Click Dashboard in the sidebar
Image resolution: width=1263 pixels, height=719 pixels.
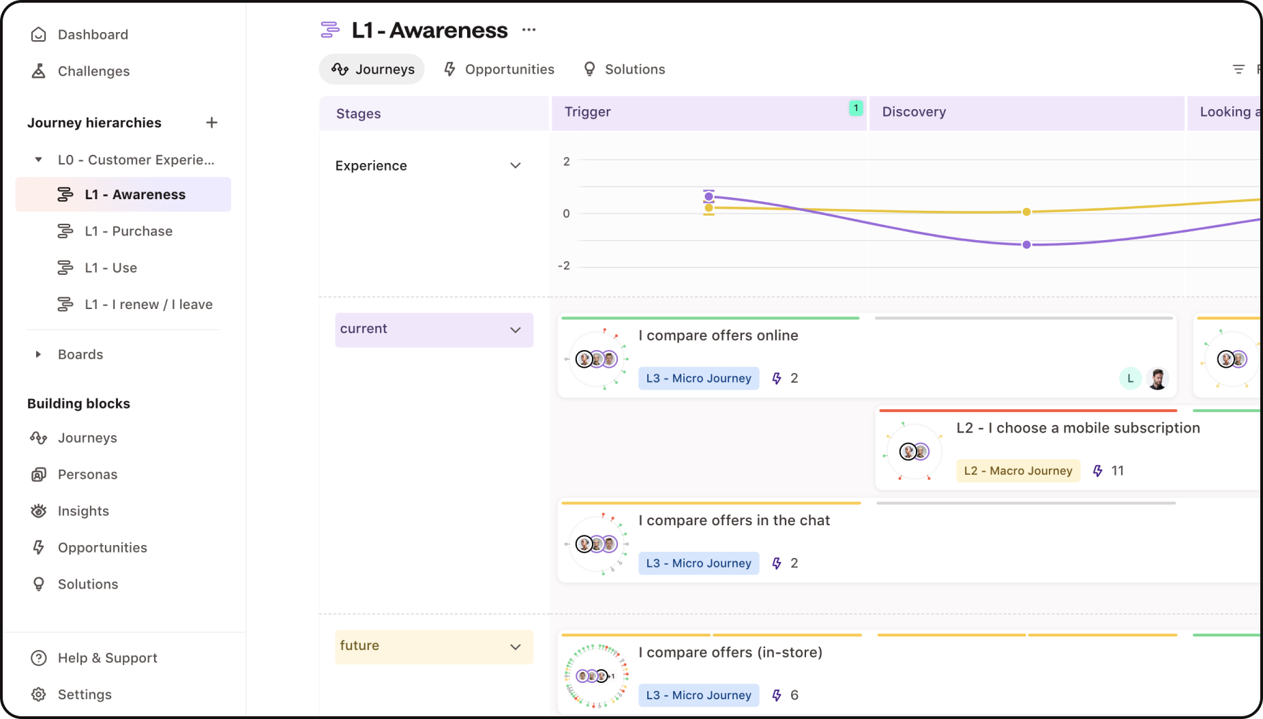point(92,35)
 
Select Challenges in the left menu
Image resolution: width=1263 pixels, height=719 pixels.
point(93,72)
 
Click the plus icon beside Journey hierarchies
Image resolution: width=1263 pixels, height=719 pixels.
point(211,123)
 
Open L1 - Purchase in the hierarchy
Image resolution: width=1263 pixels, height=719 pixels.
point(128,231)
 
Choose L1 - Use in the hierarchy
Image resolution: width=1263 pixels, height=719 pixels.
point(110,268)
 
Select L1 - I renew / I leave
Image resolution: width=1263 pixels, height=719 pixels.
point(148,305)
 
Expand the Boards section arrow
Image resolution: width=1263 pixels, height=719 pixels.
point(38,355)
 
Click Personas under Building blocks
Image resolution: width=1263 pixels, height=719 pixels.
point(87,475)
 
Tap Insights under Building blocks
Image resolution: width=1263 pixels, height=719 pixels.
point(83,512)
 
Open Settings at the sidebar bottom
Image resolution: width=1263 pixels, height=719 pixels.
point(85,695)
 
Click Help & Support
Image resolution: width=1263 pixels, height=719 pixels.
point(107,658)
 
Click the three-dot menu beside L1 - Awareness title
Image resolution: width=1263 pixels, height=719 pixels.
point(529,30)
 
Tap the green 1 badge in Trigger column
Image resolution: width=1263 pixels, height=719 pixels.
point(856,108)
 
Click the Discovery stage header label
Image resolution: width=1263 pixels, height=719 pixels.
point(914,112)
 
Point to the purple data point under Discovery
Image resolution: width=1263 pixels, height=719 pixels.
point(1026,245)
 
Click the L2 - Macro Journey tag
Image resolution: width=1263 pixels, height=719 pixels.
point(1017,471)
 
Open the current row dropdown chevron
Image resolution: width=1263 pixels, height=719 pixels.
point(516,330)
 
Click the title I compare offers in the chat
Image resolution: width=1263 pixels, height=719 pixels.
point(734,520)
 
